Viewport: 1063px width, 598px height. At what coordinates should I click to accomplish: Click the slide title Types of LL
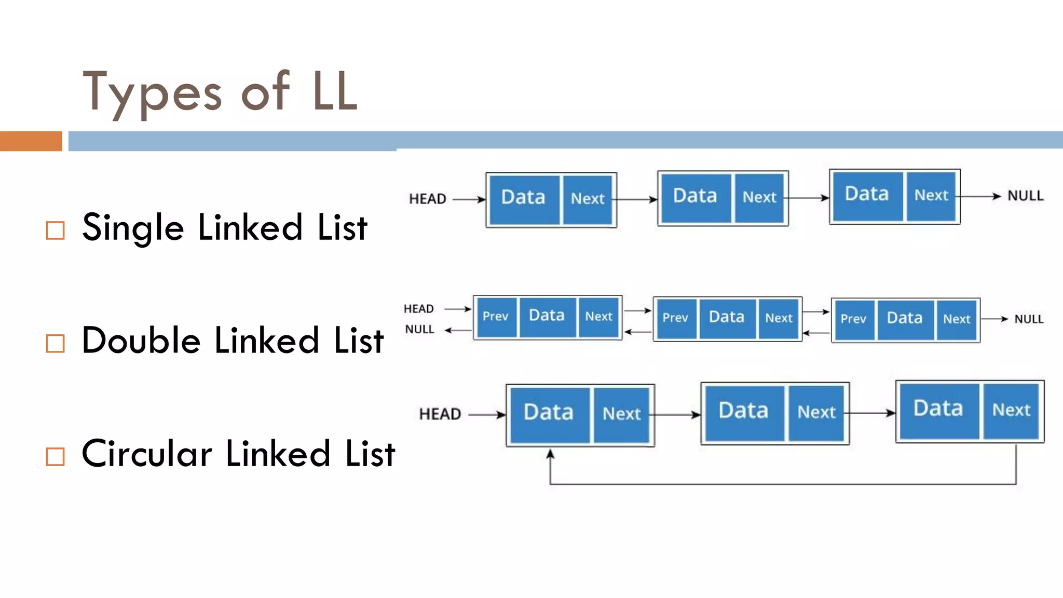coord(220,92)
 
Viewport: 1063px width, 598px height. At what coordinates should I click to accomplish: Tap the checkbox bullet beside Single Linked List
coord(55,230)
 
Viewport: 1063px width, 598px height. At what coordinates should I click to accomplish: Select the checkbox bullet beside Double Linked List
coord(55,343)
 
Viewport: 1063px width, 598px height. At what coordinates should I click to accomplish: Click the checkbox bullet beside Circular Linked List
coord(55,456)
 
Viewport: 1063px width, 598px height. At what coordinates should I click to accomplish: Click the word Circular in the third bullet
coord(147,454)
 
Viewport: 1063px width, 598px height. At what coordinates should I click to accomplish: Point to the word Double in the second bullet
coord(141,341)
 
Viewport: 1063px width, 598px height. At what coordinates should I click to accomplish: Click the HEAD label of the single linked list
coord(427,199)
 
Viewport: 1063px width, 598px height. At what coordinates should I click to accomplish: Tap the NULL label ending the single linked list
coord(1025,196)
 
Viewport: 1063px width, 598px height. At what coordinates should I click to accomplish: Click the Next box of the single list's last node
coord(931,196)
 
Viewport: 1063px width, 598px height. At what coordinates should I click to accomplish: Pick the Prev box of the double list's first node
coord(496,317)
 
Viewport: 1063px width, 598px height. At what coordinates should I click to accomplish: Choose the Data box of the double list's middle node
coord(727,318)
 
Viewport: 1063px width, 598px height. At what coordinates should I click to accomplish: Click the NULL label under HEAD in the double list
coord(419,330)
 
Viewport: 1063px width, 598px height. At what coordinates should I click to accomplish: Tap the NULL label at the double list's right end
coord(1028,319)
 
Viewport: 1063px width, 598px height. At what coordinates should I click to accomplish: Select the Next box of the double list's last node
coord(957,320)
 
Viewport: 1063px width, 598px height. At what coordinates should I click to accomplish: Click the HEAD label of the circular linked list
coord(440,414)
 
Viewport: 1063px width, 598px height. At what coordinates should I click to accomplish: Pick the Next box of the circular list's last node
coord(1011,411)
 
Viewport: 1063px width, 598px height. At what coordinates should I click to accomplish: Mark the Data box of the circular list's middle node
coord(743,412)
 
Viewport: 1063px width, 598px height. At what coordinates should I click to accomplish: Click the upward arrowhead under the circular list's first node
coord(550,455)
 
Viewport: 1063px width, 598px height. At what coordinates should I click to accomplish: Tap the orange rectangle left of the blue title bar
coord(31,141)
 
